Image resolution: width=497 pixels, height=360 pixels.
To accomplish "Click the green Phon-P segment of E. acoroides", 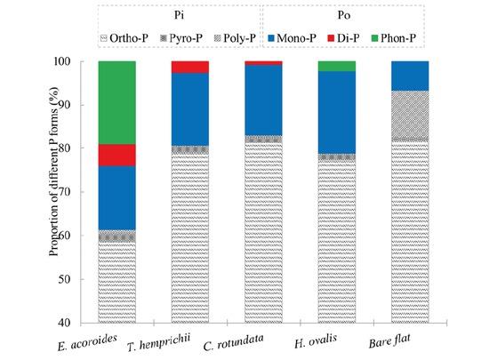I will click(116, 102).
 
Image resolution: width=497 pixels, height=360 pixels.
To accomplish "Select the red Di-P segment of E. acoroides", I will click(116, 155).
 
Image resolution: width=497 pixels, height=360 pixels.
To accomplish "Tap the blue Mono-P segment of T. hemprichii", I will click(189, 109).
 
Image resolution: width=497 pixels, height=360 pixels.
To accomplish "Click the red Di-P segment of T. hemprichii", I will click(189, 67).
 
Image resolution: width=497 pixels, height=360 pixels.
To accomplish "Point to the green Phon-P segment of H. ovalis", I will click(337, 66).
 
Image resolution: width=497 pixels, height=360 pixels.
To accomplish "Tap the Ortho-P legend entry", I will click(128, 38).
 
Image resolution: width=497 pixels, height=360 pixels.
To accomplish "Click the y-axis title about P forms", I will click(55, 191).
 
